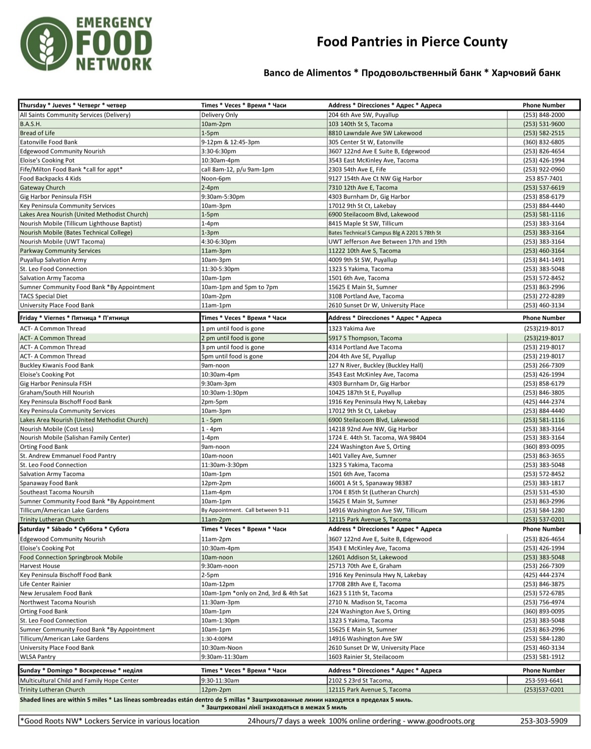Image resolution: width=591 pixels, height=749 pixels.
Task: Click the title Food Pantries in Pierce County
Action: tap(412, 41)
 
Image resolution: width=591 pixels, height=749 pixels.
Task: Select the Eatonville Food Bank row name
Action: tap(49, 142)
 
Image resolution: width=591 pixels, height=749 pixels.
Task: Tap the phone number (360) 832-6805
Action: tap(544, 142)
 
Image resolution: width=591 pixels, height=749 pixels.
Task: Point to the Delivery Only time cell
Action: tap(219, 115)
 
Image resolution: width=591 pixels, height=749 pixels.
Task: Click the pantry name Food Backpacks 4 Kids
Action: tap(51, 178)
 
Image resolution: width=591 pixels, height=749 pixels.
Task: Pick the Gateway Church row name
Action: tap(42, 187)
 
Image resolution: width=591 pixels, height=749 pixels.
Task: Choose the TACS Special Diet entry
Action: tap(43, 296)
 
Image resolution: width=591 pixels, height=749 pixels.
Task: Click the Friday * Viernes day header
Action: tap(74, 318)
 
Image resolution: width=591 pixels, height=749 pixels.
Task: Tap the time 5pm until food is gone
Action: tap(232, 356)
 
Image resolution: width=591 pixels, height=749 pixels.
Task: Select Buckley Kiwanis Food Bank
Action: tap(57, 365)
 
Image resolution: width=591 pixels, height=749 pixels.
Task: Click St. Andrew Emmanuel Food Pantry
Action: tap(68, 456)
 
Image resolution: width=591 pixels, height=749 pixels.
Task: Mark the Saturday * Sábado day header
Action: tap(74, 529)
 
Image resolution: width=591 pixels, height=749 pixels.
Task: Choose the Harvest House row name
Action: tap(40, 566)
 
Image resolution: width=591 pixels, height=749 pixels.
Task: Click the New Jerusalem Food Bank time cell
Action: tap(254, 593)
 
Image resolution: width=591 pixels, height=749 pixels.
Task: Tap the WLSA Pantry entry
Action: tap(38, 657)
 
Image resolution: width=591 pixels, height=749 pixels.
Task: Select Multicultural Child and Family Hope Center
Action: tap(79, 680)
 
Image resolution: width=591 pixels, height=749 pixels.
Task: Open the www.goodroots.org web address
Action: tap(441, 721)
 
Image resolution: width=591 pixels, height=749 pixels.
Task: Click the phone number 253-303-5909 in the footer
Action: tap(544, 721)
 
